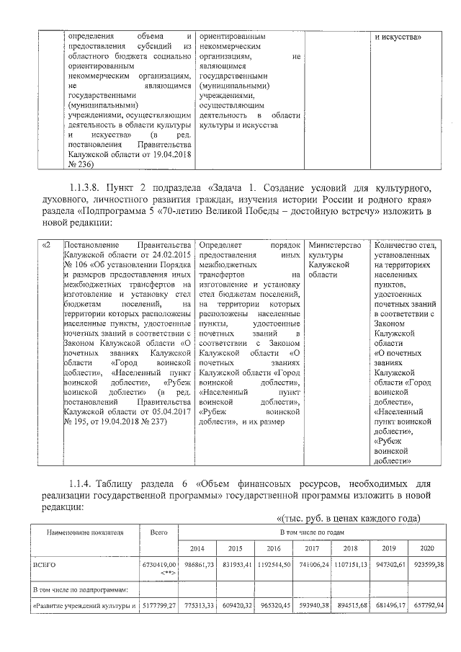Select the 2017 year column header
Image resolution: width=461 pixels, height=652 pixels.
tap(313, 549)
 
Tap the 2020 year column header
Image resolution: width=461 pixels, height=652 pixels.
tap(427, 549)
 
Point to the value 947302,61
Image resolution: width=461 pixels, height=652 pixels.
tap(389, 567)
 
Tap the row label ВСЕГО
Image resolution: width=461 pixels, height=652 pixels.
tap(45, 567)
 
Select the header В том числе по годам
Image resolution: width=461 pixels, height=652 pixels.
tap(312, 532)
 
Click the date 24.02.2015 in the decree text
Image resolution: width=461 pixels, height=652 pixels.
tap(169, 254)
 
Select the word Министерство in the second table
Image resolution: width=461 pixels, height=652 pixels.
tap(334, 245)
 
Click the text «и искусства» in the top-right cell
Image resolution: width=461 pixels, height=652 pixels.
tap(399, 36)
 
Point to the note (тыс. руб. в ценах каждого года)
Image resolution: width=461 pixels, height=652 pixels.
tap(348, 519)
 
